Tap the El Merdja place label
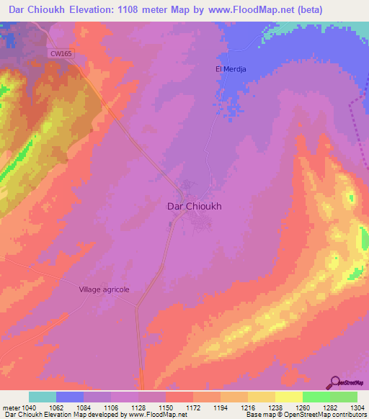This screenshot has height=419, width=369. point(232,68)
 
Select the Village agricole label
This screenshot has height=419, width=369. point(104,289)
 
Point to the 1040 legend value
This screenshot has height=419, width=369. point(28,408)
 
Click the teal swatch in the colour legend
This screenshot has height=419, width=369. point(43,397)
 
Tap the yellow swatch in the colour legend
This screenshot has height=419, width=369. point(288,397)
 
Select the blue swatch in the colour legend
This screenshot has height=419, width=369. point(70,397)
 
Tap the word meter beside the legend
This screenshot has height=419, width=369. point(11,408)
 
